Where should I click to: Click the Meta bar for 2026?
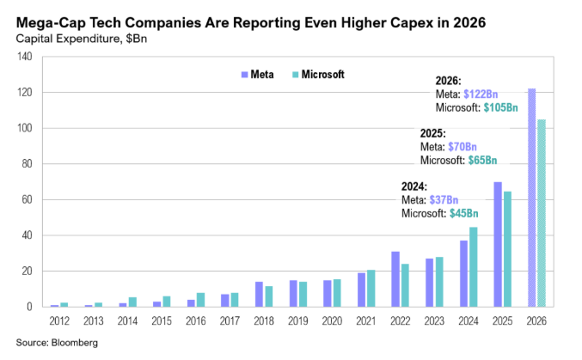[x=532, y=198]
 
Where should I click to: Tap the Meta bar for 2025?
[x=498, y=244]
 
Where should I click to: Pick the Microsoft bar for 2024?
[x=473, y=266]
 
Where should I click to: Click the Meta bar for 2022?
[x=395, y=279]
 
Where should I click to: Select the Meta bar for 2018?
[x=259, y=294]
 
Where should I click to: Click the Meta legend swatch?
[x=246, y=75]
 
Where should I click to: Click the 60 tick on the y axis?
[x=27, y=199]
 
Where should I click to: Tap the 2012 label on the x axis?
[x=58, y=320]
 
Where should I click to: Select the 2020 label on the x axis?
[x=332, y=320]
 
